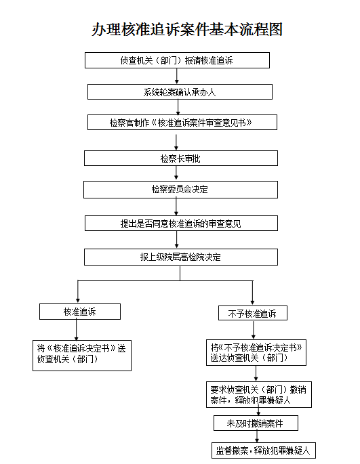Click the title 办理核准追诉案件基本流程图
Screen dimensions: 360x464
[x=187, y=29]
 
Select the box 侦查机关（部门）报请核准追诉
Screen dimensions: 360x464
[x=177, y=60]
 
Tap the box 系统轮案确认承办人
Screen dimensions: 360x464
[x=180, y=91]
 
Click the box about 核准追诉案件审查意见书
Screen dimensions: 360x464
[x=182, y=122]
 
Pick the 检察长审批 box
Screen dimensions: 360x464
[x=181, y=159]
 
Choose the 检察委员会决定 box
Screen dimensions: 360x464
[x=180, y=190]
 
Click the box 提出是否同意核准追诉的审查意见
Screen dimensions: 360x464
[x=181, y=223]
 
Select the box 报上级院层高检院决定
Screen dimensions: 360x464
[x=181, y=257]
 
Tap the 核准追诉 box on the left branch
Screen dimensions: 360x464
[x=80, y=312]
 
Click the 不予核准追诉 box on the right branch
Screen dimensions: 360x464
[x=253, y=313]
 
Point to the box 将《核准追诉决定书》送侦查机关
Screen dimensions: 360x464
[x=82, y=356]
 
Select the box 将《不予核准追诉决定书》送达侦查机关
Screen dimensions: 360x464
[x=256, y=352]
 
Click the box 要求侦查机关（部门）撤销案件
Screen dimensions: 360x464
[x=259, y=394]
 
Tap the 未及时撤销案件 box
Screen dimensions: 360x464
[x=256, y=423]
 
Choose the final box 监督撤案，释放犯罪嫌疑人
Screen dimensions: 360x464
[x=264, y=450]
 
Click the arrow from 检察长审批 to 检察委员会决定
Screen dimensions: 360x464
[x=176, y=173]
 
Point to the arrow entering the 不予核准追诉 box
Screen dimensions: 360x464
[x=252, y=293]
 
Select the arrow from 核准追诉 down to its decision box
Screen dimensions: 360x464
[x=77, y=330]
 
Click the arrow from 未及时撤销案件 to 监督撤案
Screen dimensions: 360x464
[x=257, y=437]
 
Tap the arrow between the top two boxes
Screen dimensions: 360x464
[x=177, y=76]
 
